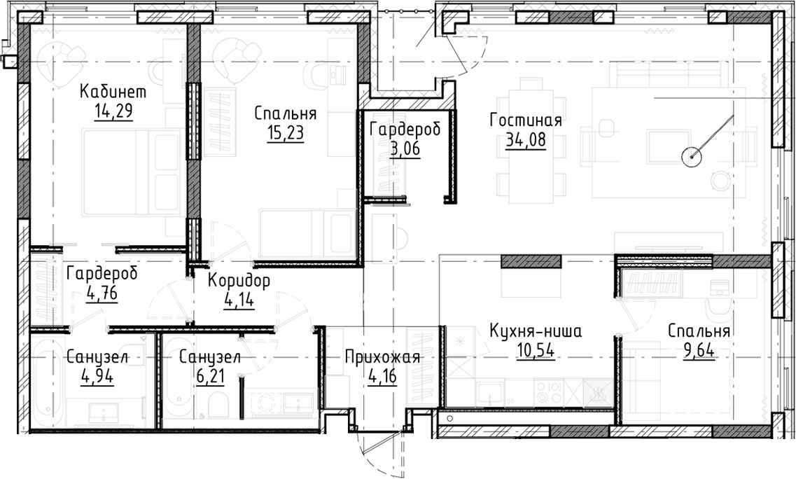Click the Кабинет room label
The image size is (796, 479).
pos(113,92)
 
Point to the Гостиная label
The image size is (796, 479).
pos(526,120)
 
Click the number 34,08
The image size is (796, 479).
pos(525,139)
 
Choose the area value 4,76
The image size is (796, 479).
pos(102,292)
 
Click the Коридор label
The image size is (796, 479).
pos(239,282)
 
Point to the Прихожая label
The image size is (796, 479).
pos(382,358)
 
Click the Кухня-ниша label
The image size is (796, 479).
pos(536,331)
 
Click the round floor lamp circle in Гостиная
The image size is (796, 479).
pos(692,155)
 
